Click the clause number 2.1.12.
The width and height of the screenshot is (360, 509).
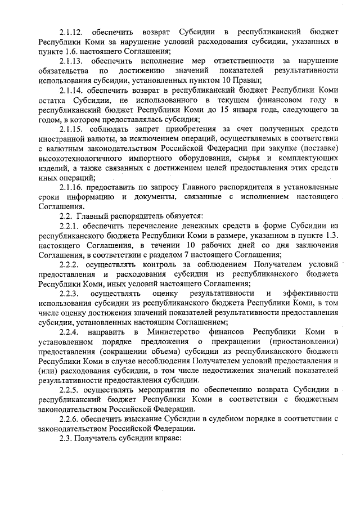click(x=71, y=31)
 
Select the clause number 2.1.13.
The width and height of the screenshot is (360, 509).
click(x=71, y=60)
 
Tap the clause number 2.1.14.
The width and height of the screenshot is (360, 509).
click(x=71, y=89)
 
